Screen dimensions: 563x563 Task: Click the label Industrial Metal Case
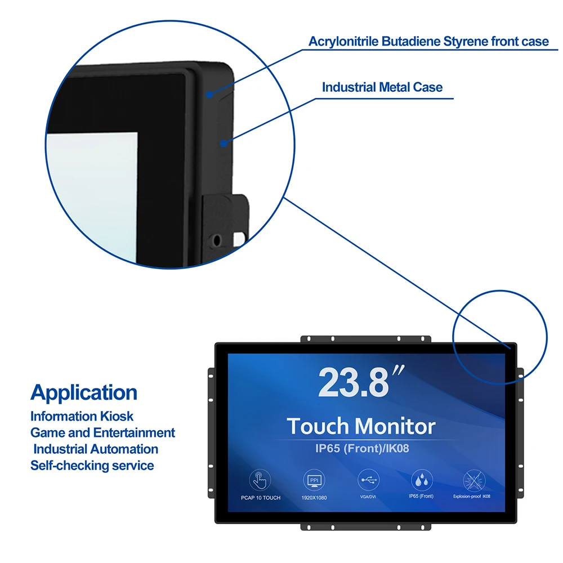[382, 87]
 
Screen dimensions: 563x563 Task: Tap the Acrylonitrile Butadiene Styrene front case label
[428, 41]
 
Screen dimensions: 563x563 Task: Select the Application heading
[84, 392]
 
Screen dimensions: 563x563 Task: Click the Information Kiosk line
[82, 417]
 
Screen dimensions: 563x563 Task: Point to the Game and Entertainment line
[102, 433]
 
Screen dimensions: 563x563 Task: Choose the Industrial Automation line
[96, 449]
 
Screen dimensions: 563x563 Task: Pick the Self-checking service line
[92, 466]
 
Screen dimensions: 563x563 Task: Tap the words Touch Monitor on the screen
[361, 426]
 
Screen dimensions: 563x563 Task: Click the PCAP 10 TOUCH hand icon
[260, 480]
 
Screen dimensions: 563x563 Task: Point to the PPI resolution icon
[314, 480]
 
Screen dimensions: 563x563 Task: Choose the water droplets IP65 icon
[421, 480]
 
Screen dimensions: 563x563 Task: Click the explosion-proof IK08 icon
[472, 480]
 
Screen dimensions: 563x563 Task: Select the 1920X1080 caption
[314, 498]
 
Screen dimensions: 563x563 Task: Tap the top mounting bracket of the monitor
[366, 339]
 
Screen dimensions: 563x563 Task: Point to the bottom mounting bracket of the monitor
[366, 526]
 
